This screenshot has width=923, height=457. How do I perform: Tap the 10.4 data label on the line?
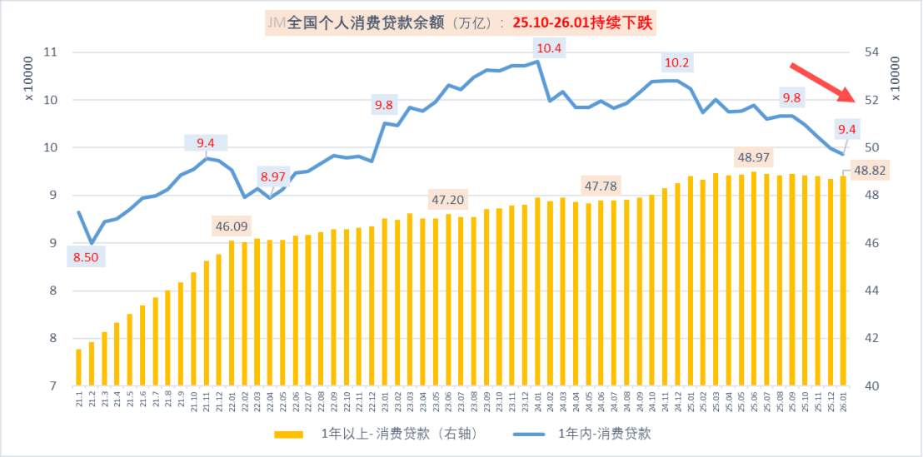pos(549,48)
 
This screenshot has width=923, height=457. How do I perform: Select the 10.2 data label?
pos(676,62)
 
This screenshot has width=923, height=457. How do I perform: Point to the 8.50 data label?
pos(86,257)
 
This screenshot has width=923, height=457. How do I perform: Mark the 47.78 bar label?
pos(600,185)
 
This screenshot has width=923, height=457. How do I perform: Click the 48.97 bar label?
pos(753,157)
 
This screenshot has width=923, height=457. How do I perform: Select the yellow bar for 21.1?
pos(78,367)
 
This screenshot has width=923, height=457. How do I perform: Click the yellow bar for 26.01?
pos(843,281)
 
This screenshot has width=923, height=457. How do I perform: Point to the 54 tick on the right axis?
pos(872,52)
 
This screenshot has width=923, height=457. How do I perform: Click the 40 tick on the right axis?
pos(872,386)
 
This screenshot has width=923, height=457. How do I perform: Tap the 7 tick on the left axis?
pos(52,386)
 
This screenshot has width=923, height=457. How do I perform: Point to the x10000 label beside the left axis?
pos(27,79)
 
